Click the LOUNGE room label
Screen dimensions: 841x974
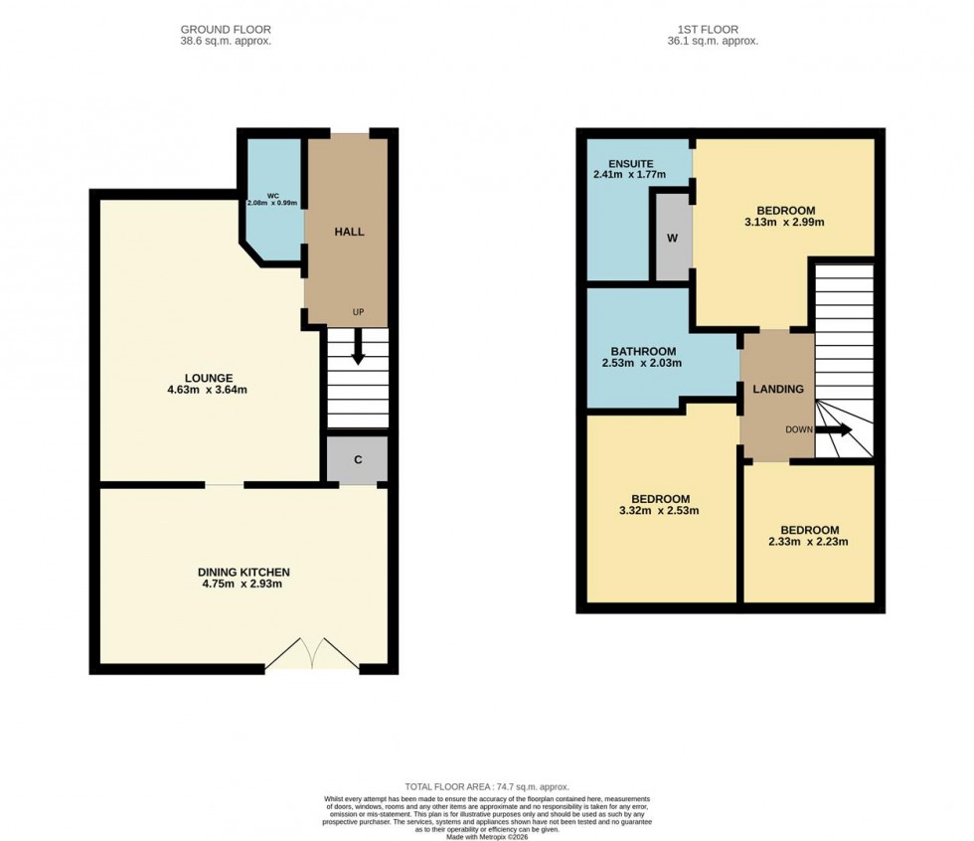click(208, 378)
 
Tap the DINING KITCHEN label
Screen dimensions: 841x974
click(243, 572)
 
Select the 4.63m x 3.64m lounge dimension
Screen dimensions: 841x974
click(208, 390)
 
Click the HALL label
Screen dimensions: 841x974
click(349, 232)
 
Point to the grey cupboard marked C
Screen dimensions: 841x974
click(358, 460)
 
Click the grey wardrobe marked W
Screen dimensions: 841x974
click(672, 239)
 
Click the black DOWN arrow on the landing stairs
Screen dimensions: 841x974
click(833, 429)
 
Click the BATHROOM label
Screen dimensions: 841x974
click(644, 351)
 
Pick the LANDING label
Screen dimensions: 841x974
click(777, 389)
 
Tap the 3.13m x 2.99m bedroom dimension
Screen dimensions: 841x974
click(785, 223)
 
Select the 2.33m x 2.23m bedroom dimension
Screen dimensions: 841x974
click(809, 542)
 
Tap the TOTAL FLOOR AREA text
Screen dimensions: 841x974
click(487, 786)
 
